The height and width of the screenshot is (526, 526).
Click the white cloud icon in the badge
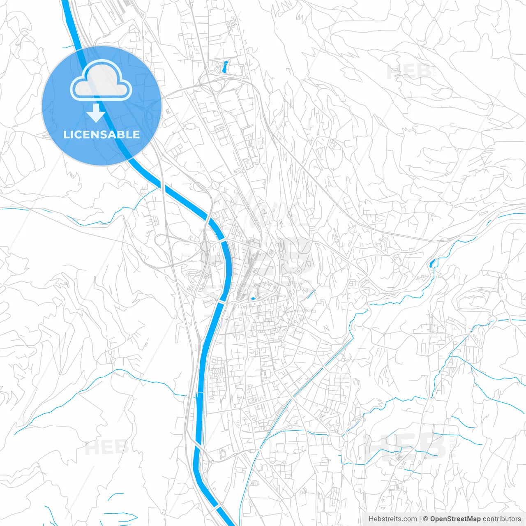click(101, 81)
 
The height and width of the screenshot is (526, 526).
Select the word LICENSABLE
click(102, 134)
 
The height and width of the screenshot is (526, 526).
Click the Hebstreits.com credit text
click(392, 519)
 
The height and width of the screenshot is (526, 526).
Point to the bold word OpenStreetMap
click(455, 519)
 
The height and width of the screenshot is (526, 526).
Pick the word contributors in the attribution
click(502, 519)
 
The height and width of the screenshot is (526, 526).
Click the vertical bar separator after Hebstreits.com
click(420, 519)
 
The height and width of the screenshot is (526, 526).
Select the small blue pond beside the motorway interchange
click(224, 67)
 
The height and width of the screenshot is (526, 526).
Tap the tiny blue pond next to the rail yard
click(252, 298)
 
